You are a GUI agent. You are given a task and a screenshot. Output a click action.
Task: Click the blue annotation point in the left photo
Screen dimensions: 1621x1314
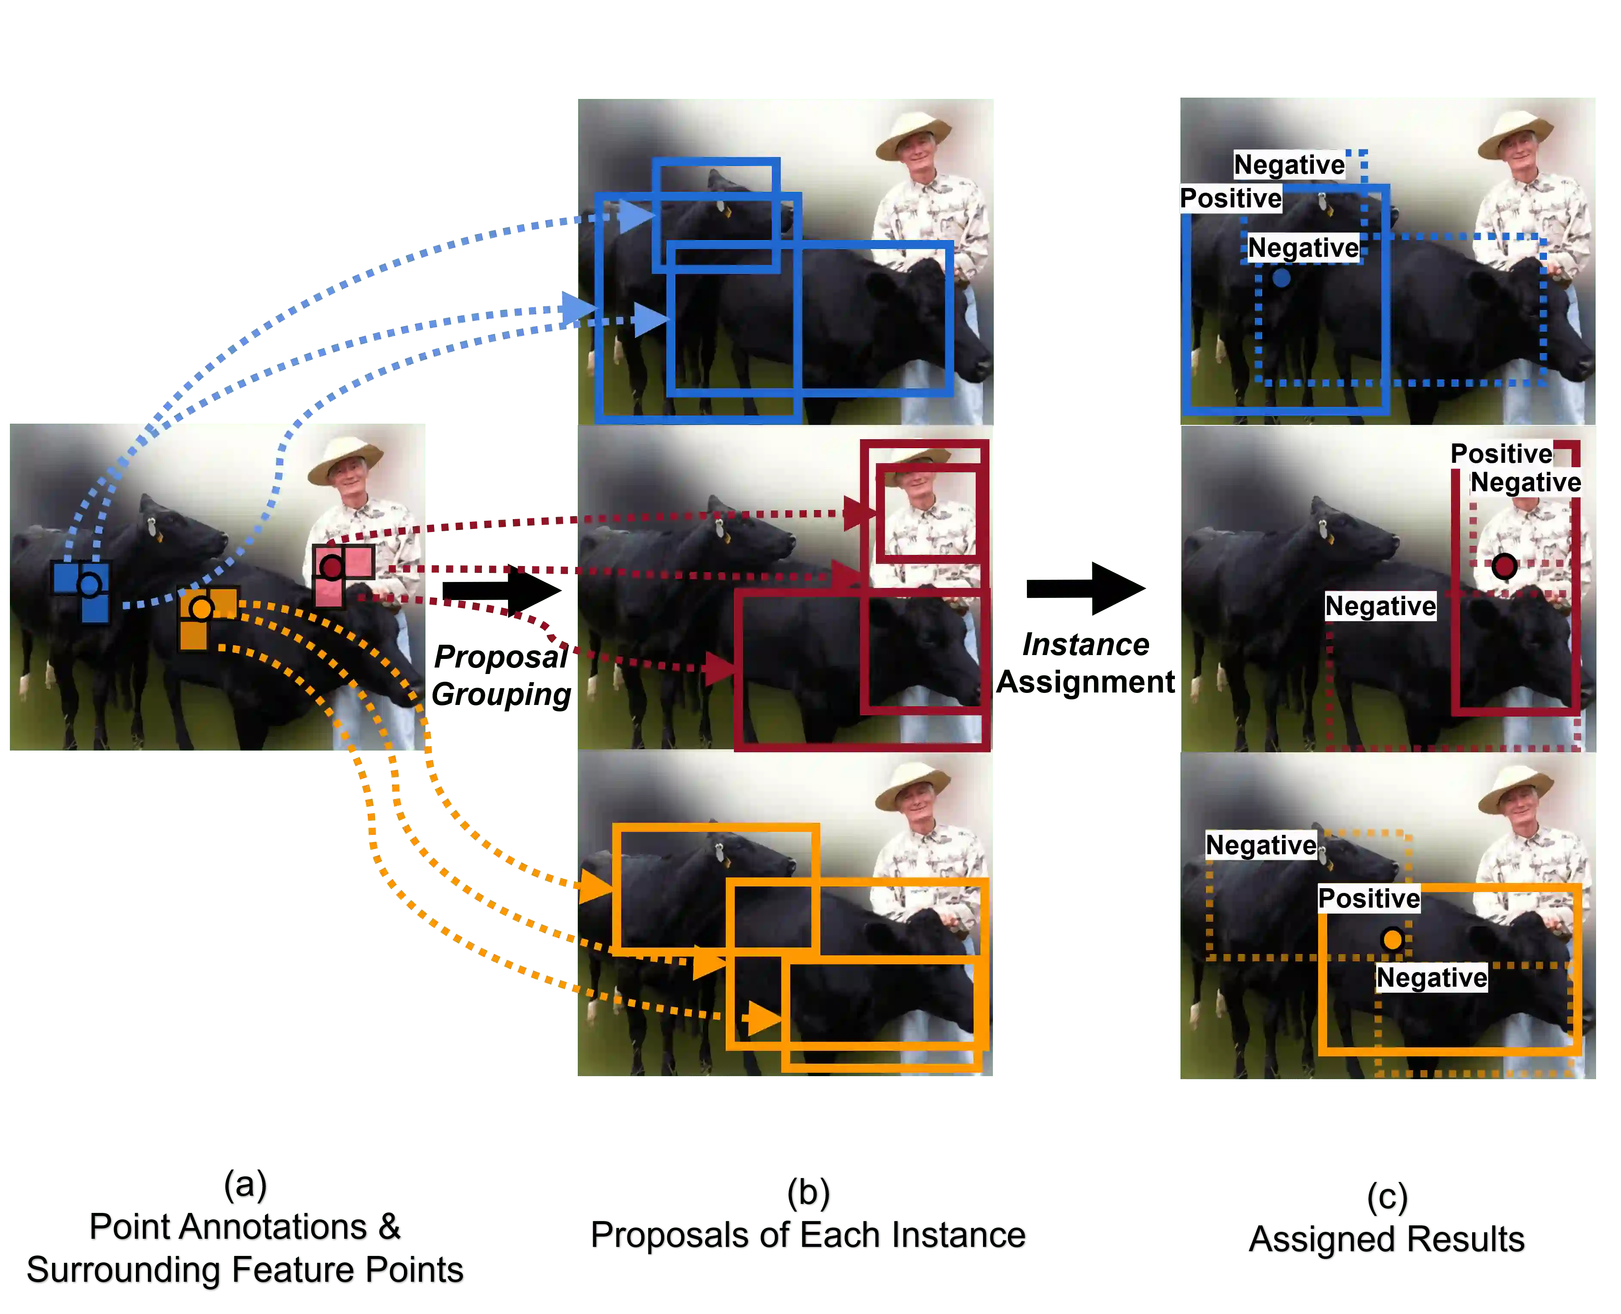click(89, 585)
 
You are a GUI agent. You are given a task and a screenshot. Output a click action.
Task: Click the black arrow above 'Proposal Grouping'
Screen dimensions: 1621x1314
click(501, 591)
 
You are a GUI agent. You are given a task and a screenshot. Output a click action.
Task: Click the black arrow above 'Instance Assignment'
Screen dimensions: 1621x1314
click(1086, 588)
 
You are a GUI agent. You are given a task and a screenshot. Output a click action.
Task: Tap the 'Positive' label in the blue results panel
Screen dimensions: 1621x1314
click(1230, 198)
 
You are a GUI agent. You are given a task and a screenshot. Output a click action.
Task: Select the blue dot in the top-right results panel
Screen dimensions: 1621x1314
click(1281, 278)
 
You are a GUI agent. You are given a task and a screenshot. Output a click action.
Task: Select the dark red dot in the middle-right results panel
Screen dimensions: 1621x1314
click(1504, 566)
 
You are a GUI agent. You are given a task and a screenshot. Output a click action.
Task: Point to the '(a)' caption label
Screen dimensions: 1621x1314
click(246, 1185)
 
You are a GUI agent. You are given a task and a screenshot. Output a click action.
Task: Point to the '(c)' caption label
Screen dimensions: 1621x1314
click(1388, 1197)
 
